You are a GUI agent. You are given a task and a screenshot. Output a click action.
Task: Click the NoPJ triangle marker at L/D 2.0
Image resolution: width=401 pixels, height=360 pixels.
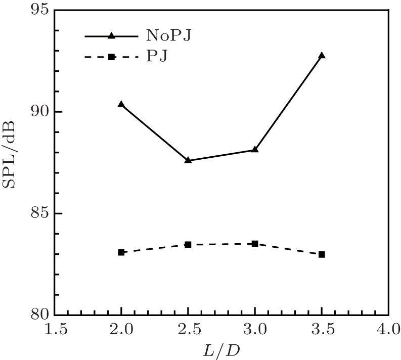[121, 104]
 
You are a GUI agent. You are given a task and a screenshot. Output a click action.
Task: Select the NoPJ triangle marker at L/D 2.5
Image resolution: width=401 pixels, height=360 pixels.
[188, 160]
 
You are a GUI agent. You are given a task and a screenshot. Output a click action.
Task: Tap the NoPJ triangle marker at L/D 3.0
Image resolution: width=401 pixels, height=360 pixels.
[255, 150]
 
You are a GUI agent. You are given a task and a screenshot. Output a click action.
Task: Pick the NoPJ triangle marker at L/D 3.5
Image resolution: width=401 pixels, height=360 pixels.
[322, 56]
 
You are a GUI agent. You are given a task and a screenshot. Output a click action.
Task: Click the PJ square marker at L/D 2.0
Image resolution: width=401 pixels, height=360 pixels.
[121, 252]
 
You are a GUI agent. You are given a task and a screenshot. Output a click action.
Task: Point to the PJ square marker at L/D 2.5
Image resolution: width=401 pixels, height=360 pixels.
[188, 245]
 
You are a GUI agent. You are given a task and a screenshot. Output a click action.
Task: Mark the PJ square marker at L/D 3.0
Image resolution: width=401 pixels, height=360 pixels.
[255, 244]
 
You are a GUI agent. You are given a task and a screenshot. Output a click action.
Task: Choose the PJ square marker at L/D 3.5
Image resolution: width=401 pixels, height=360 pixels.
[322, 254]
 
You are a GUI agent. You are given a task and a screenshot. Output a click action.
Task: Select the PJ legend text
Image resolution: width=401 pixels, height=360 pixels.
[157, 56]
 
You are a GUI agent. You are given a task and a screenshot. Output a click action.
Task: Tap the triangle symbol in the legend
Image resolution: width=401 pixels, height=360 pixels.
[112, 36]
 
